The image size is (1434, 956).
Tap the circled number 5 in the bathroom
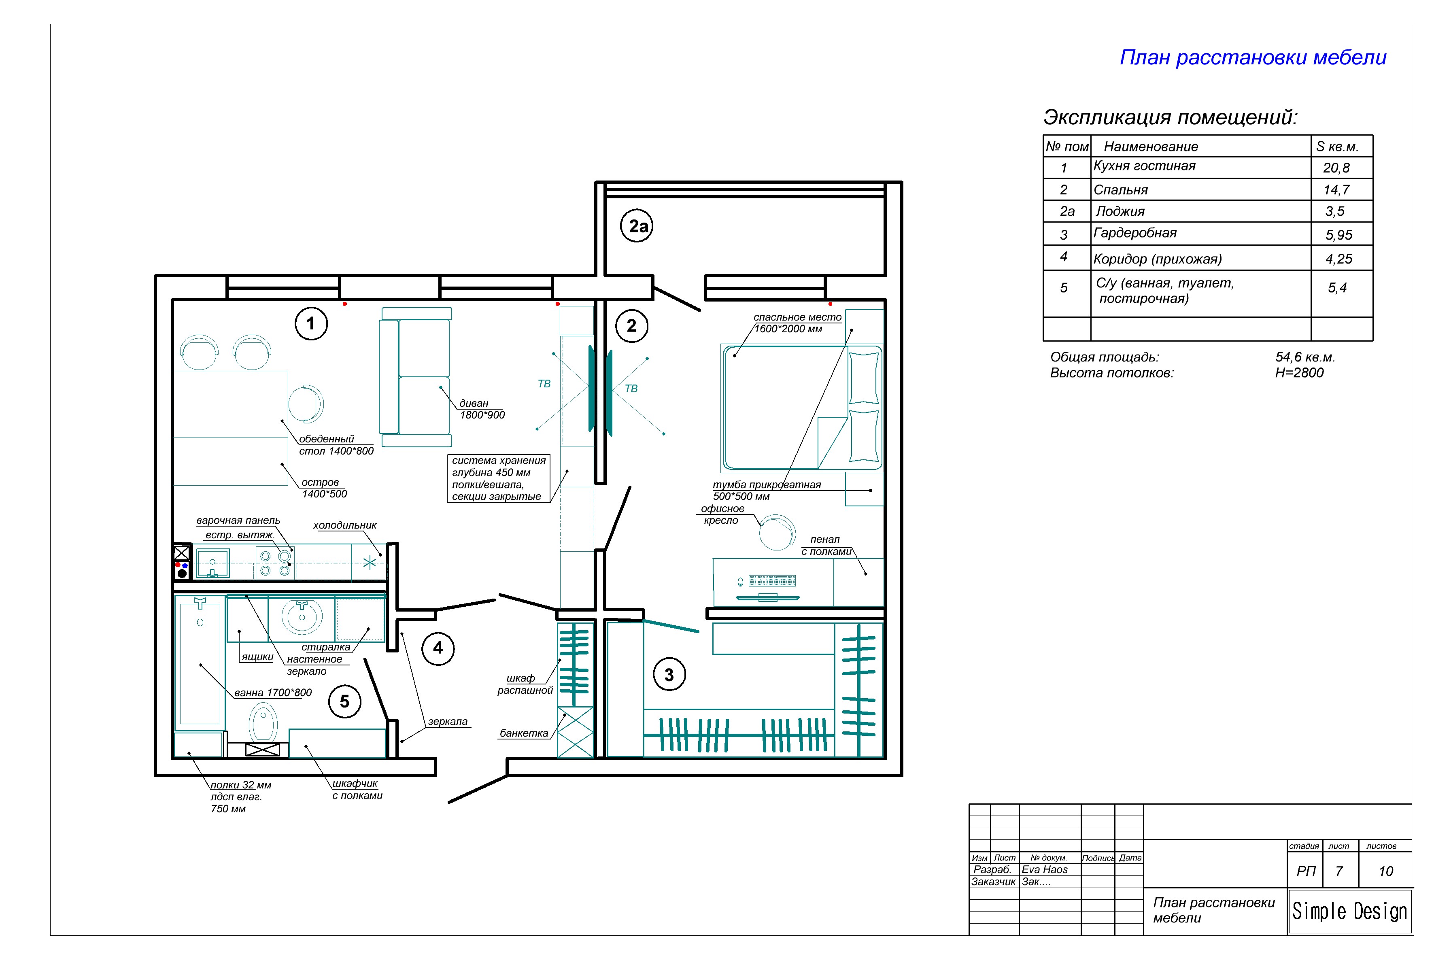345,702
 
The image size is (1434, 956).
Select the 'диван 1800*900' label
482,409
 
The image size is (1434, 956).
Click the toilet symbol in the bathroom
263,724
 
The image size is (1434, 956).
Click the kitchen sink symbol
212,562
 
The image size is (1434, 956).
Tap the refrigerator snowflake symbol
370,562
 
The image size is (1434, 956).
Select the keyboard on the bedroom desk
772,580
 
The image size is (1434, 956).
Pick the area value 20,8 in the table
1336,168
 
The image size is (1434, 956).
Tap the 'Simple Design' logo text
1350,911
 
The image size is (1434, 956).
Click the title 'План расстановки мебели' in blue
1253,57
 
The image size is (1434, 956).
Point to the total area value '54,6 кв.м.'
1305,357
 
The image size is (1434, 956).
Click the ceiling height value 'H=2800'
1299,372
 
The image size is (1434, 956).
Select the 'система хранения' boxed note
499,479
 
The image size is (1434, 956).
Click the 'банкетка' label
524,733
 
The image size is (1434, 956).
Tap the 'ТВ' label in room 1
544,384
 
